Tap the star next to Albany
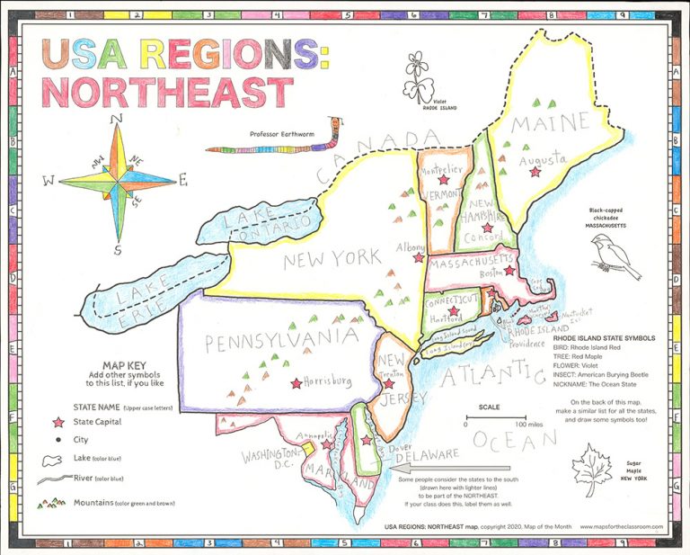pos(418,257)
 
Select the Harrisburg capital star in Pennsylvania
pos(296,382)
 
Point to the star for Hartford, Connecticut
pos(454,311)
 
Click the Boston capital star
pos(509,270)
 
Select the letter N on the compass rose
pos(115,118)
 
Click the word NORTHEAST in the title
pos(168,92)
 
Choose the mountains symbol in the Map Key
pos(50,503)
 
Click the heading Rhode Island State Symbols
pos(603,338)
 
